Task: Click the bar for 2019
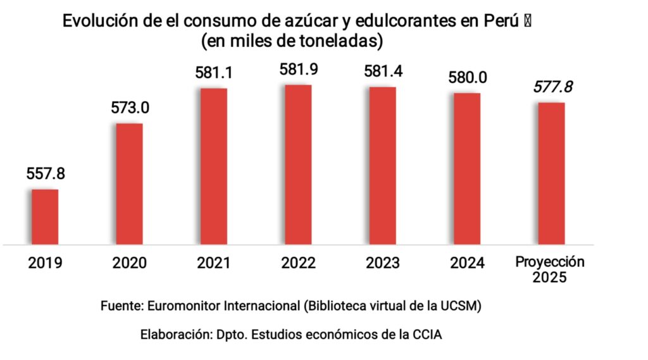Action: point(45,216)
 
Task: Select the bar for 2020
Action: point(129,183)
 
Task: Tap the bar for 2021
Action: point(213,166)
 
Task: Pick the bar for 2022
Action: point(298,164)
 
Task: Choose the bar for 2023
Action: point(383,165)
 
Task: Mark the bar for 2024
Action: point(467,168)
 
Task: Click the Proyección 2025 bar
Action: point(551,173)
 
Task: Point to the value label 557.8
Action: point(46,173)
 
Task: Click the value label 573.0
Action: point(130,108)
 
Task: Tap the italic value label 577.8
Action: point(552,87)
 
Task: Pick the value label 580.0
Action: point(468,78)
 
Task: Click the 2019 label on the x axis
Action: point(45,263)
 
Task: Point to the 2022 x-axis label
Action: point(298,263)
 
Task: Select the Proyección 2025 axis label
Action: point(549,270)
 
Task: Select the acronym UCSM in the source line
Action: point(464,306)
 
